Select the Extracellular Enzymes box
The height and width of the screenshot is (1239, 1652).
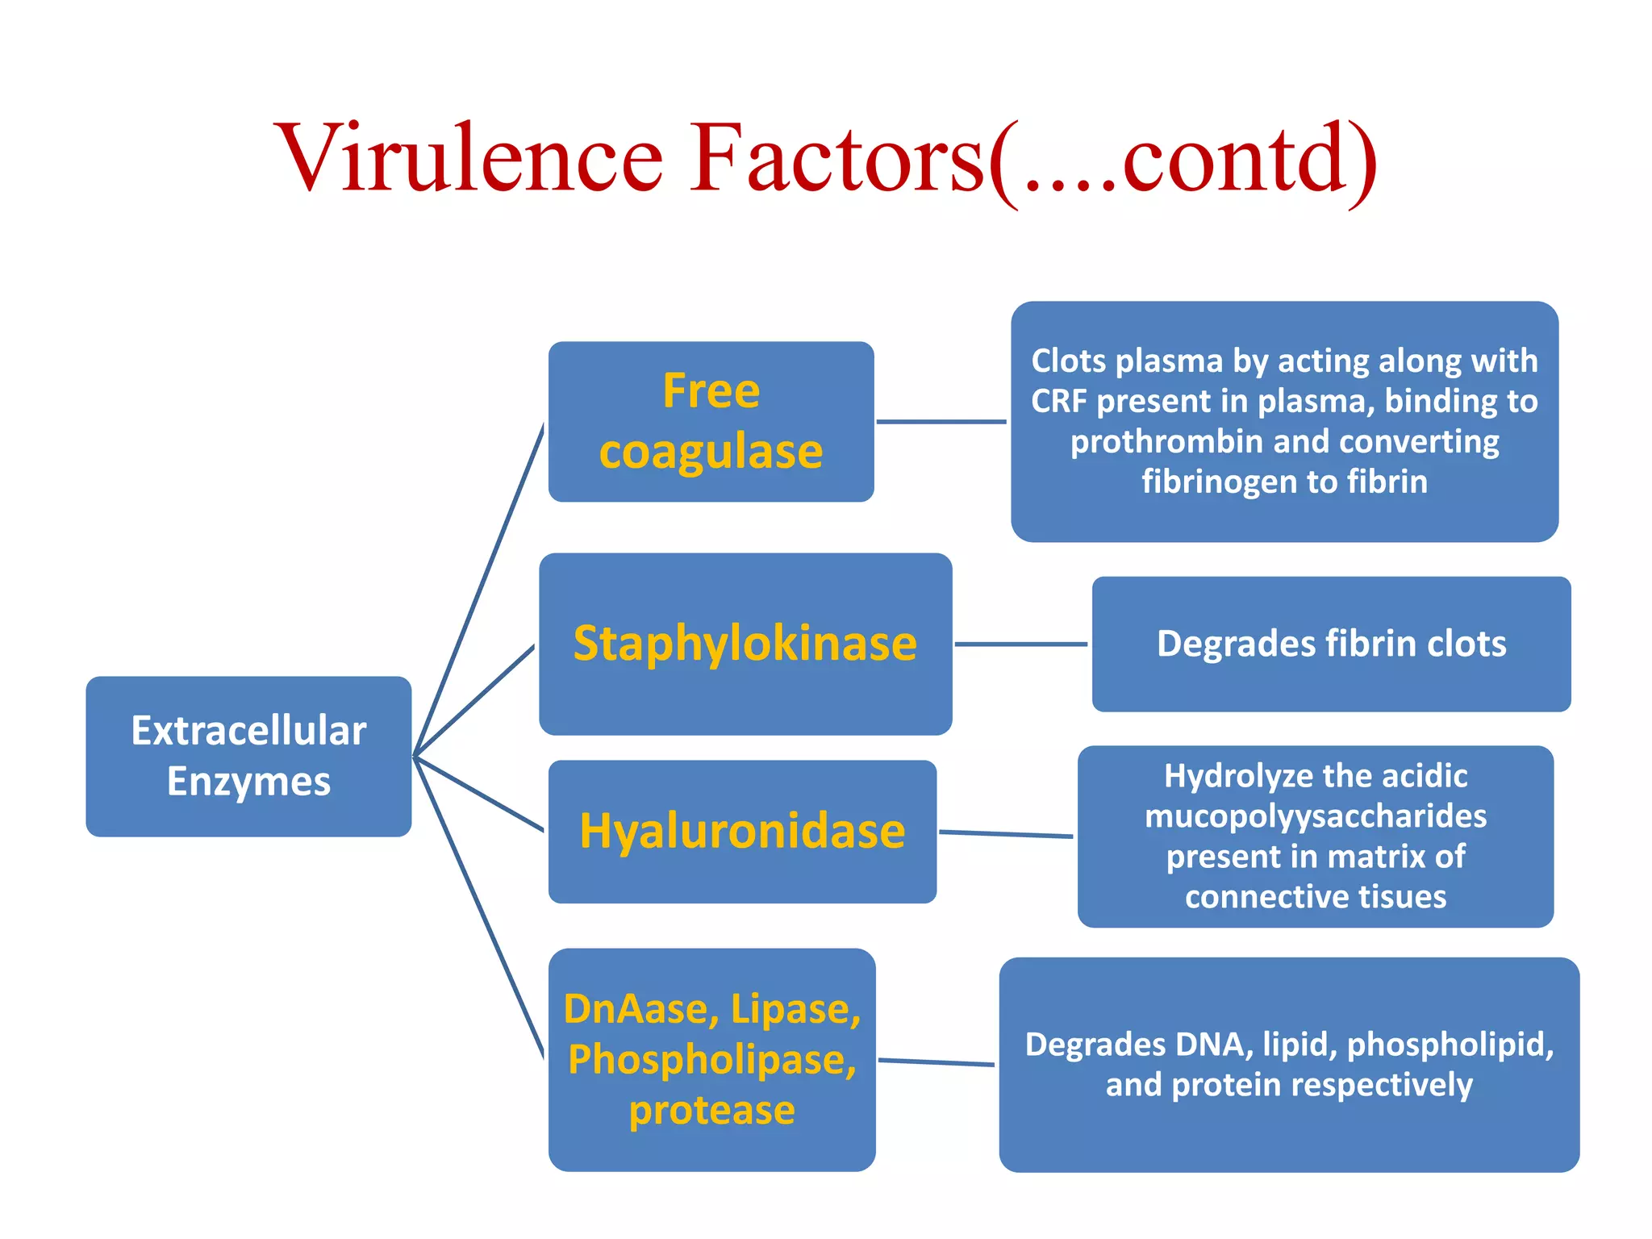tap(248, 756)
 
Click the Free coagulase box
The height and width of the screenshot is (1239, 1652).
tap(711, 421)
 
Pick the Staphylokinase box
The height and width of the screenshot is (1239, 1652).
tap(745, 644)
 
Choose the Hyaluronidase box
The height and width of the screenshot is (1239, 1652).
tap(742, 831)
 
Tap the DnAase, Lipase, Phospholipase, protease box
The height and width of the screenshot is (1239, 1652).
tap(711, 1059)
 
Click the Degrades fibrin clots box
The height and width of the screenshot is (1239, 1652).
tap(1331, 644)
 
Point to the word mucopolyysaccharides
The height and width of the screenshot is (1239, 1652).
tap(1316, 816)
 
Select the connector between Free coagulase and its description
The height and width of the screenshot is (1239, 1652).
tap(941, 421)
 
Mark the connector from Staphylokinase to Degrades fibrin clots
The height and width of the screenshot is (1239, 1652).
tap(1021, 644)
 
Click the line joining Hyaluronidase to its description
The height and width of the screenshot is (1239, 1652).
tap(1006, 834)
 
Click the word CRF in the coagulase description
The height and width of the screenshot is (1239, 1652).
tap(1058, 401)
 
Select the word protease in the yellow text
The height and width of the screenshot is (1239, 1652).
tap(712, 1111)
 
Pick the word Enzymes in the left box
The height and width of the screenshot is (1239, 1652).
tap(248, 782)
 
